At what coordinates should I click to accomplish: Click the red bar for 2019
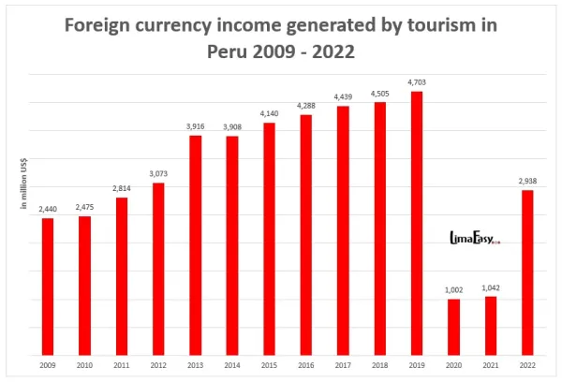[x=417, y=223]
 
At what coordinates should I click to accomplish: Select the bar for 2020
[x=453, y=327]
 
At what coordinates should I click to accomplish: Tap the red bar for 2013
[x=196, y=245]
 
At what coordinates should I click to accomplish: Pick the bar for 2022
[x=527, y=272]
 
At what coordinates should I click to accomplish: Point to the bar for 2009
[x=48, y=286]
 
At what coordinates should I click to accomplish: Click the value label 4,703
[x=416, y=82]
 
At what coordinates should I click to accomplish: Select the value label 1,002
[x=453, y=289]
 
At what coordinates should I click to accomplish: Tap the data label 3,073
[x=158, y=173]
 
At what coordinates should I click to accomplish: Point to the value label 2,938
[x=527, y=181]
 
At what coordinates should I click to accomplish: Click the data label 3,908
[x=232, y=127]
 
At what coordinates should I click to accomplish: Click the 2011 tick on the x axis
[x=122, y=364]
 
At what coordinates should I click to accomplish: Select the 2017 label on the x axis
[x=343, y=364]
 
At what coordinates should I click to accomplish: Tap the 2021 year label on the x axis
[x=490, y=364]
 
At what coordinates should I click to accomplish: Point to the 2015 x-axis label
[x=269, y=364]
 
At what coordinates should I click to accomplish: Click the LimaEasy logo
[x=475, y=240]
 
